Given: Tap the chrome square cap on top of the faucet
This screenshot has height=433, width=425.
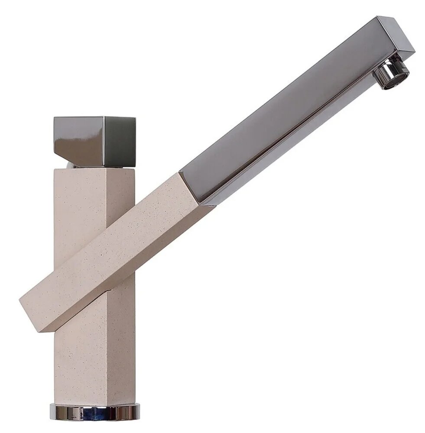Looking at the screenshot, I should pyautogui.click(x=94, y=141).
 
